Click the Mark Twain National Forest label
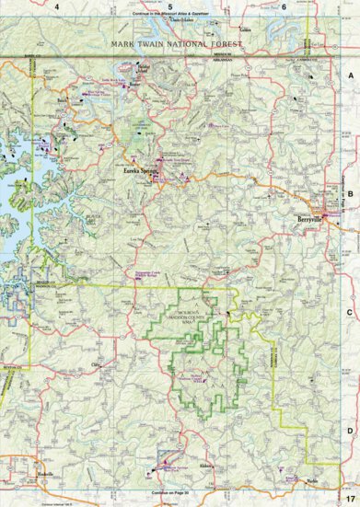pyautogui.click(x=175, y=44)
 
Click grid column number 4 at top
pyautogui.click(x=57, y=6)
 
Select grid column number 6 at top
pyautogui.click(x=284, y=6)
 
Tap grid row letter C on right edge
pyautogui.click(x=350, y=312)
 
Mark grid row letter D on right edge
pyautogui.click(x=350, y=429)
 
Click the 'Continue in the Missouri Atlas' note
pyautogui.click(x=171, y=15)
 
